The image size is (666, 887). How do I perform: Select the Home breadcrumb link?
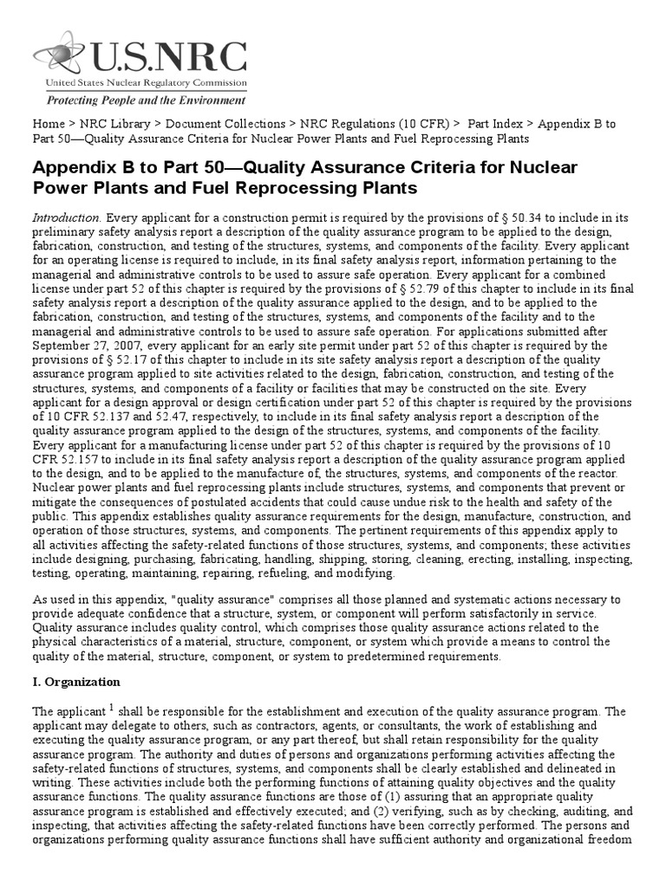coord(49,124)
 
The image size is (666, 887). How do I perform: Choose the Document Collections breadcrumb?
coord(225,124)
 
